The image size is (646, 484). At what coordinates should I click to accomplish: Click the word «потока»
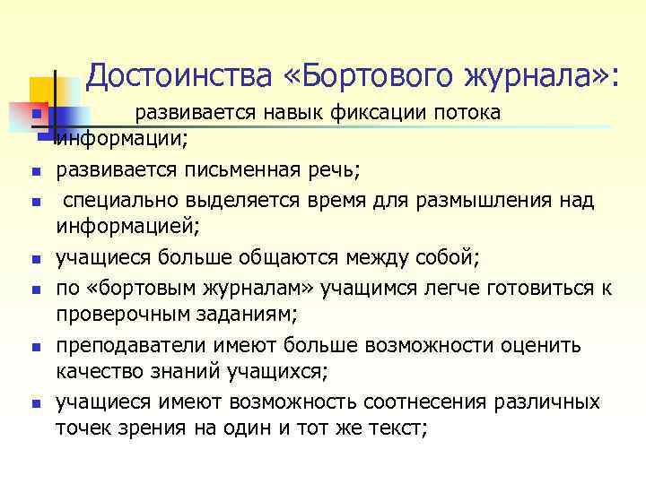tap(467, 113)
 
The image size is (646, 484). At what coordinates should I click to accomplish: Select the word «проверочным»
tap(118, 315)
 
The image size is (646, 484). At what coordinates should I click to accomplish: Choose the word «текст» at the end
tap(395, 428)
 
